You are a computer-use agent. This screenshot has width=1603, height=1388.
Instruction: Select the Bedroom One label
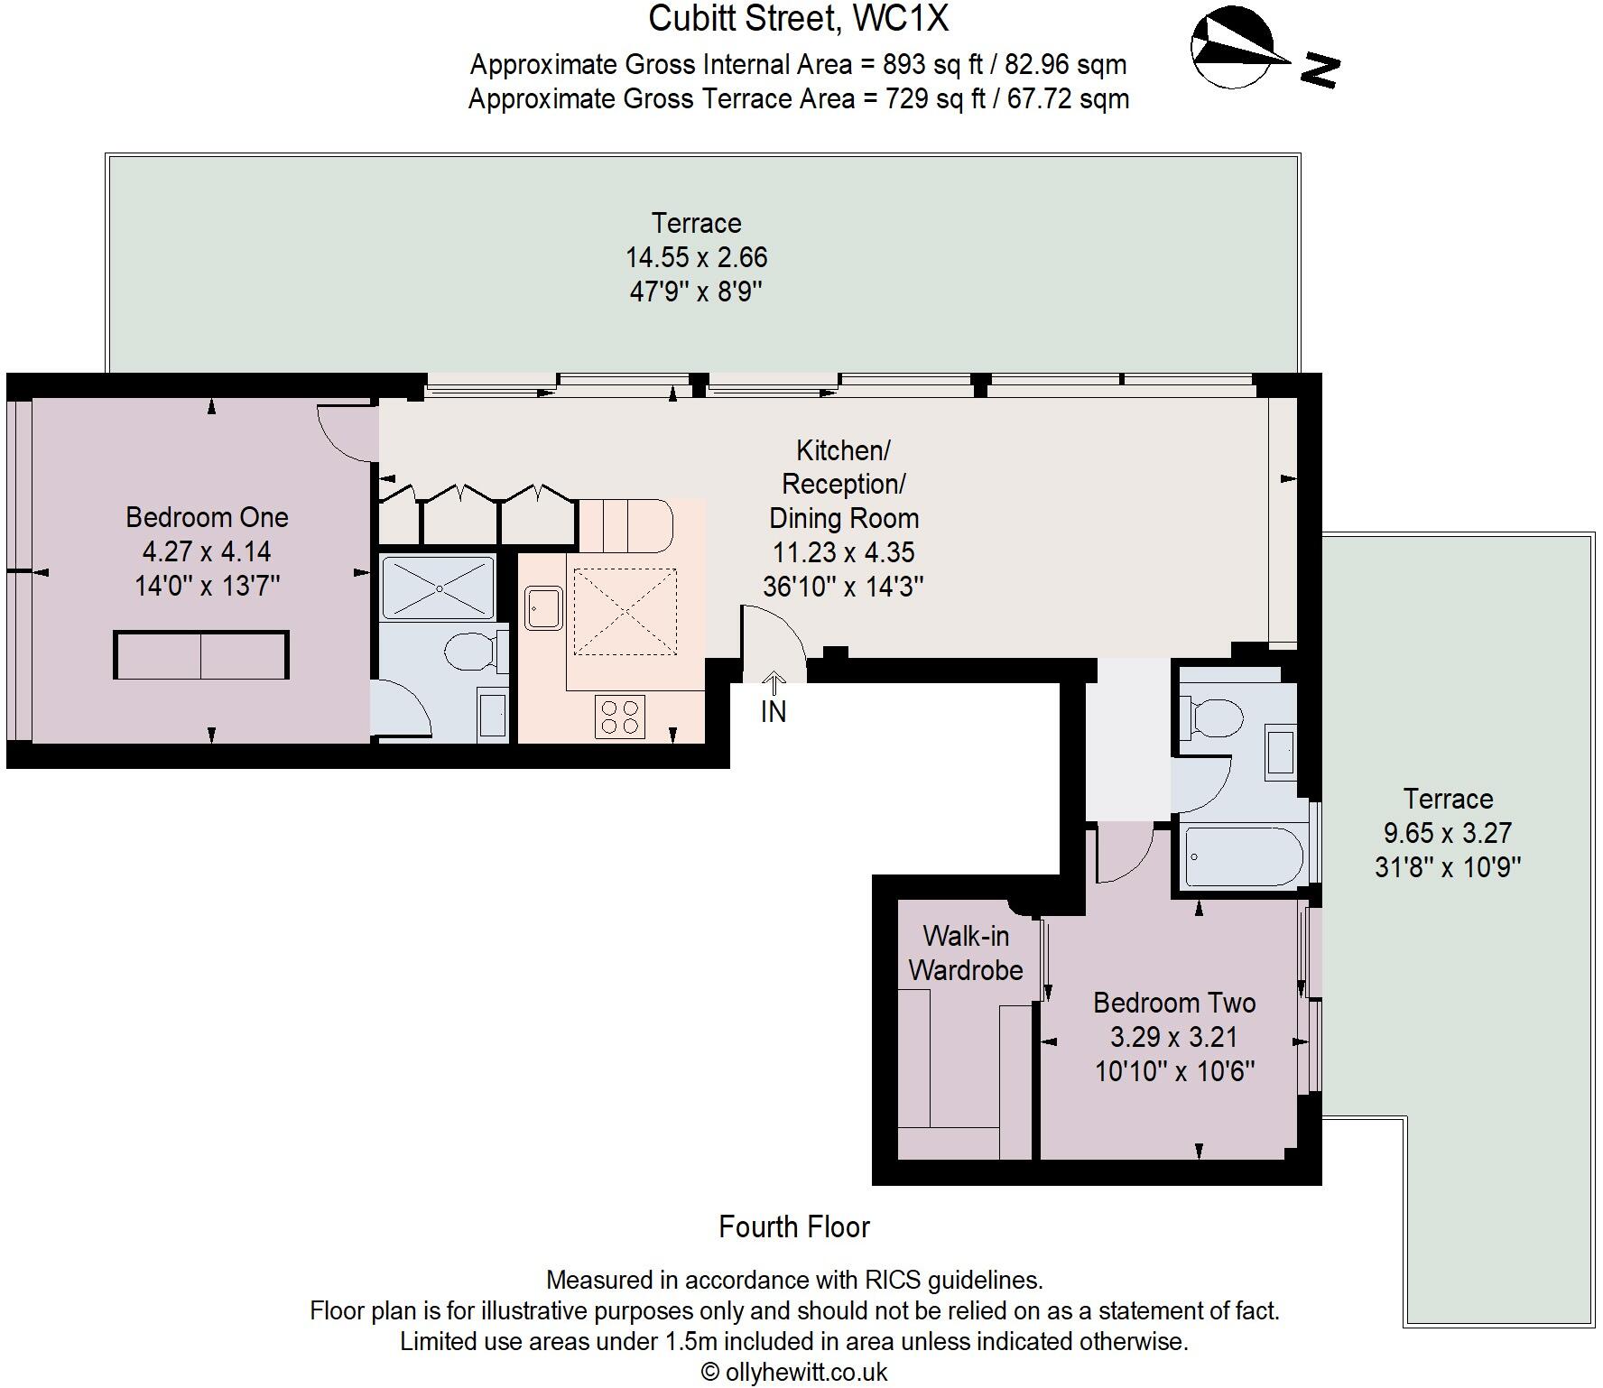coord(207,517)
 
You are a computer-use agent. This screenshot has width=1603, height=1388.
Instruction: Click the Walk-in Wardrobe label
coord(965,953)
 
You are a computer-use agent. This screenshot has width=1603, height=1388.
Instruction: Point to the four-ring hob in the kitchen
coord(620,717)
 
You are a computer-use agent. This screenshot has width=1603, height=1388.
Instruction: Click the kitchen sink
coord(543,608)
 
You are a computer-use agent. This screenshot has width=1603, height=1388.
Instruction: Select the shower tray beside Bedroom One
coord(439,588)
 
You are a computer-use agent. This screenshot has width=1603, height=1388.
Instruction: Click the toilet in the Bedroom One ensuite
coord(472,651)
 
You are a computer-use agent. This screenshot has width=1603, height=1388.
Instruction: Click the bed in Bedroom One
coord(201,655)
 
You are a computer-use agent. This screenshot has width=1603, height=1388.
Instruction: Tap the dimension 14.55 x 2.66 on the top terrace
coord(696,257)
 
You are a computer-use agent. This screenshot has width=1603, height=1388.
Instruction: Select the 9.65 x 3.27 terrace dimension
coord(1447,833)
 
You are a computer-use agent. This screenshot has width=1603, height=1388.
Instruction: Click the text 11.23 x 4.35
coord(843,552)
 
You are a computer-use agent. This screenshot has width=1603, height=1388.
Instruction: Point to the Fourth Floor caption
coord(793,1226)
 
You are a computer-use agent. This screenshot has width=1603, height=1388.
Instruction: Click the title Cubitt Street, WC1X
coord(798,19)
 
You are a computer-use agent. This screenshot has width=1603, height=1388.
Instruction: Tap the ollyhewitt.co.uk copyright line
coord(794,1372)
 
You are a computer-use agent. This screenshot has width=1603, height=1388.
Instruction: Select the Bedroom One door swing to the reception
coord(347,433)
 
